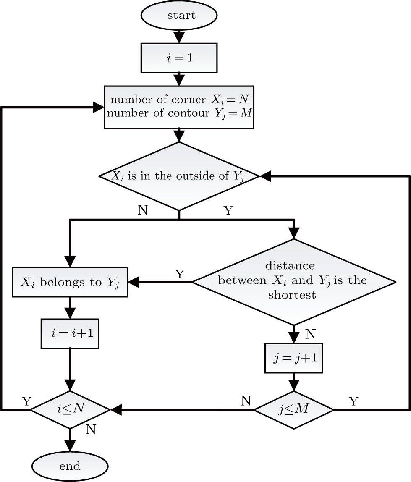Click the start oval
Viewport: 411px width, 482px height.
(179, 16)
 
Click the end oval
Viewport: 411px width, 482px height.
(70, 466)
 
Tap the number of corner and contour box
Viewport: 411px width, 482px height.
(179, 107)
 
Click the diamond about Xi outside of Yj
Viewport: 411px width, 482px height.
(179, 176)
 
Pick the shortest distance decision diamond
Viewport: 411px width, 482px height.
(293, 281)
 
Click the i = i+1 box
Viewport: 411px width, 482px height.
(70, 333)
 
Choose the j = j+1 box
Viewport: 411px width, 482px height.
(294, 358)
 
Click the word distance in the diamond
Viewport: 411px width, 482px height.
(290, 266)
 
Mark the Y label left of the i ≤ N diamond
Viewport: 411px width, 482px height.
(26, 401)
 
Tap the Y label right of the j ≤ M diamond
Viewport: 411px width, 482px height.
(354, 401)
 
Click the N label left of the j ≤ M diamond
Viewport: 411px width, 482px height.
(246, 400)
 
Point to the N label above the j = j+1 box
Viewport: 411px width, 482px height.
(310, 334)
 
